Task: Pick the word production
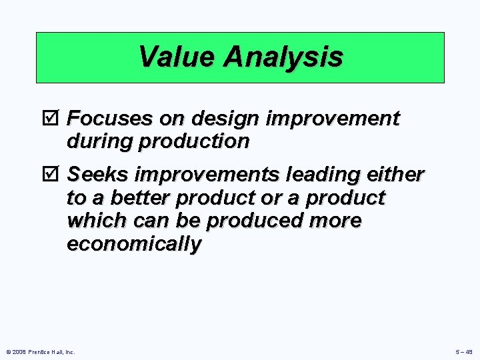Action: point(195,141)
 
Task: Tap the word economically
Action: point(133,244)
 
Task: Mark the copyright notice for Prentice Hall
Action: point(39,351)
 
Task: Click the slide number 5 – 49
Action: point(464,351)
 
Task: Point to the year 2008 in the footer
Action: point(18,351)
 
